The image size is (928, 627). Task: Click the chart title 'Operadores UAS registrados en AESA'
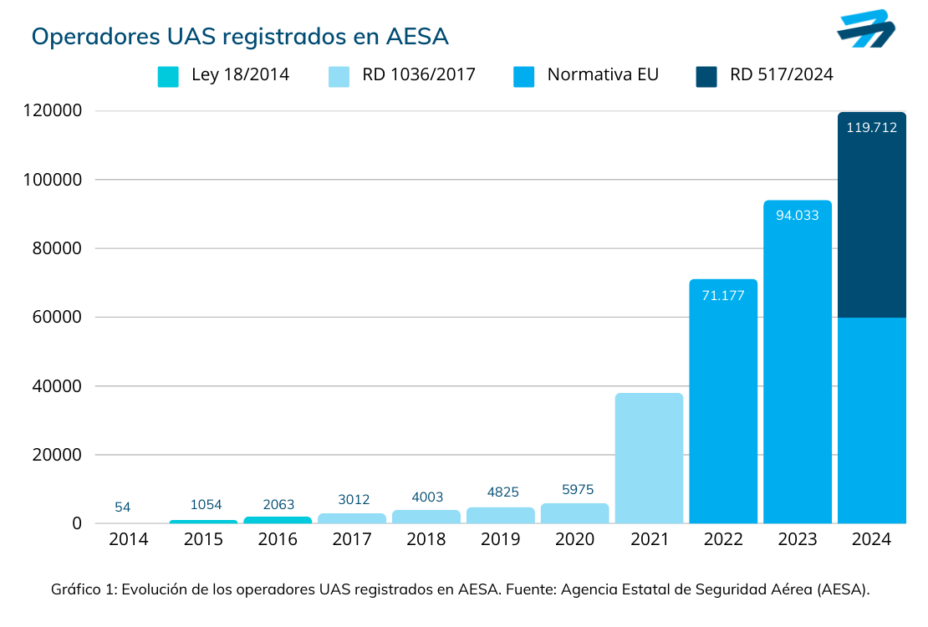coord(240,37)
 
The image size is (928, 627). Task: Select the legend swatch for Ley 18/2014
coord(168,76)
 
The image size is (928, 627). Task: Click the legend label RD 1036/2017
coord(418,74)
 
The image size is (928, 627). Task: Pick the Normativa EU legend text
coord(603,74)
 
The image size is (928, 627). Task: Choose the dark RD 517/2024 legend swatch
coord(706,76)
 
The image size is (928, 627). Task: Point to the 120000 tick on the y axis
coord(52,111)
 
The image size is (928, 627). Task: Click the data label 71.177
coord(723,295)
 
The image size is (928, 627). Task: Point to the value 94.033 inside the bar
coord(797,215)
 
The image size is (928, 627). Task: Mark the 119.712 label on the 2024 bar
coord(871,128)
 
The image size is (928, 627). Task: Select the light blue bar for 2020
coord(574,513)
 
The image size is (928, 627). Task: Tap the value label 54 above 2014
coord(122,507)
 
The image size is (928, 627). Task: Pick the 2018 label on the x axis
coord(426,540)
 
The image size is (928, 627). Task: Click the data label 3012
coord(351,500)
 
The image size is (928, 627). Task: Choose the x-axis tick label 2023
coord(797,540)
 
